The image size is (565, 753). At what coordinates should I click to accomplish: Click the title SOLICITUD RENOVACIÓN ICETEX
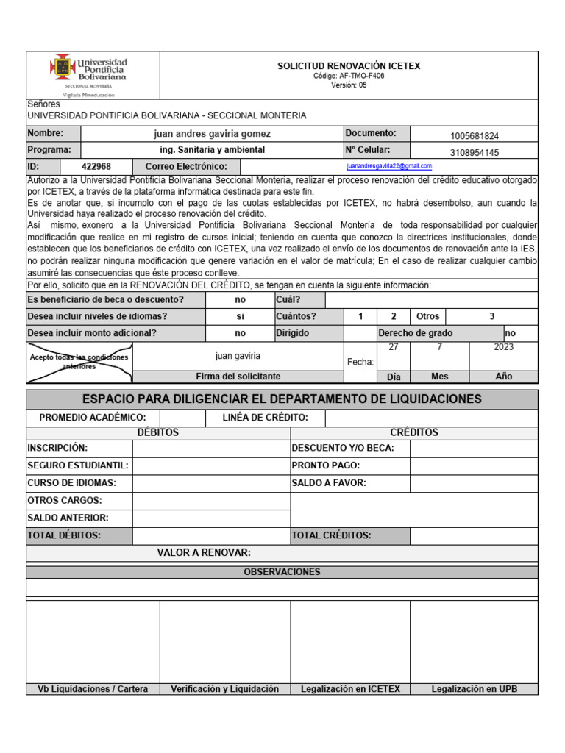click(x=349, y=66)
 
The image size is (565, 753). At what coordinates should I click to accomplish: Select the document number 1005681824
click(x=474, y=136)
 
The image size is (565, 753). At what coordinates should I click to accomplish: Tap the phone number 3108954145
click(x=474, y=153)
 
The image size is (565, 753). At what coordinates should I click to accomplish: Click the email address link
click(x=389, y=167)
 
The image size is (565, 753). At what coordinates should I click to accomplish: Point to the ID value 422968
click(x=96, y=167)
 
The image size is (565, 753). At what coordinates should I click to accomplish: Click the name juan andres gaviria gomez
click(x=212, y=134)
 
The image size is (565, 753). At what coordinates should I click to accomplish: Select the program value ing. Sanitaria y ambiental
click(x=212, y=150)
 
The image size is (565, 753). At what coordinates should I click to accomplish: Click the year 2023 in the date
click(x=504, y=347)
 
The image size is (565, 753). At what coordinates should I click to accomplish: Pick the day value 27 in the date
click(x=394, y=347)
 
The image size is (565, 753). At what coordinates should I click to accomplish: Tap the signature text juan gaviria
click(x=238, y=356)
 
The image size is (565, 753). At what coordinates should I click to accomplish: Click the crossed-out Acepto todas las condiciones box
click(x=79, y=362)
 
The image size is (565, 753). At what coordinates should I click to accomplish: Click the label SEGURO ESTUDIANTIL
click(x=78, y=465)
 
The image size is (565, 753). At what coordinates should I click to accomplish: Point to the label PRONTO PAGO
click(x=326, y=465)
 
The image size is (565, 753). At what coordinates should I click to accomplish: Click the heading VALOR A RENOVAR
click(x=205, y=553)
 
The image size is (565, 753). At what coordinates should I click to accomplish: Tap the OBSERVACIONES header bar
click(x=282, y=572)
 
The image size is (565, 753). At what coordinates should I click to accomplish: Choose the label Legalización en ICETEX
click(x=350, y=689)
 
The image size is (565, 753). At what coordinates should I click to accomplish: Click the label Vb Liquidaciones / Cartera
click(x=93, y=689)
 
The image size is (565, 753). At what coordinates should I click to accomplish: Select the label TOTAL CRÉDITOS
click(x=331, y=535)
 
